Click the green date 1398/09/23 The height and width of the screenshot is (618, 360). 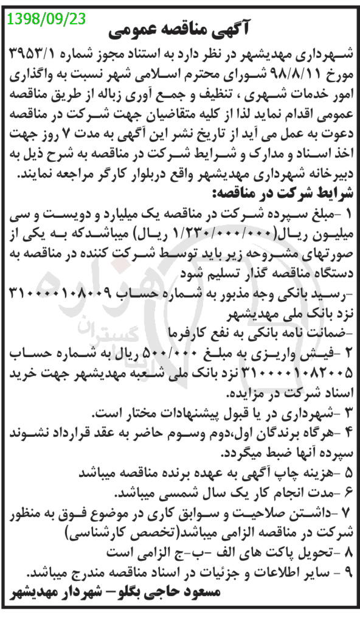coord(47,19)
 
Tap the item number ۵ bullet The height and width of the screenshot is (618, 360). coord(348,471)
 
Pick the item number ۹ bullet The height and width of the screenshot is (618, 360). coord(348,572)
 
